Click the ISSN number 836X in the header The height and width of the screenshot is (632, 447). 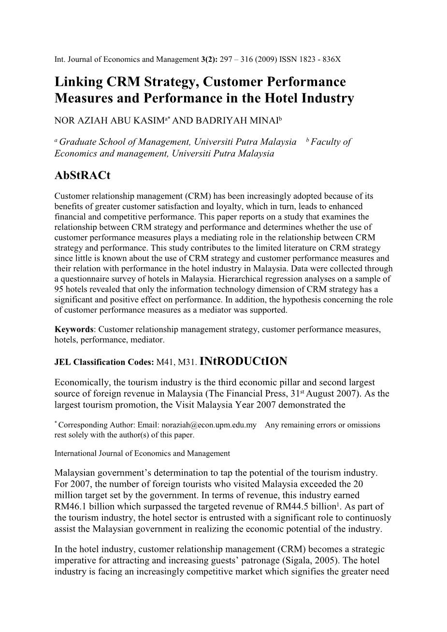point(331,59)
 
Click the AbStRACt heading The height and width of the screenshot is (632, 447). point(83,175)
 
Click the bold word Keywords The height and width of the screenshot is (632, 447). point(74,329)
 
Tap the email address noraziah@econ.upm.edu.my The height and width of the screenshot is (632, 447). point(205,425)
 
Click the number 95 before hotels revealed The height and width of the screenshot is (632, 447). point(59,289)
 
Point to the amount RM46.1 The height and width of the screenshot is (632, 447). point(69,506)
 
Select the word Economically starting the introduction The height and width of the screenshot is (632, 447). point(81,382)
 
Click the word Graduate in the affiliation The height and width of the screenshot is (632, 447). point(78,142)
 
